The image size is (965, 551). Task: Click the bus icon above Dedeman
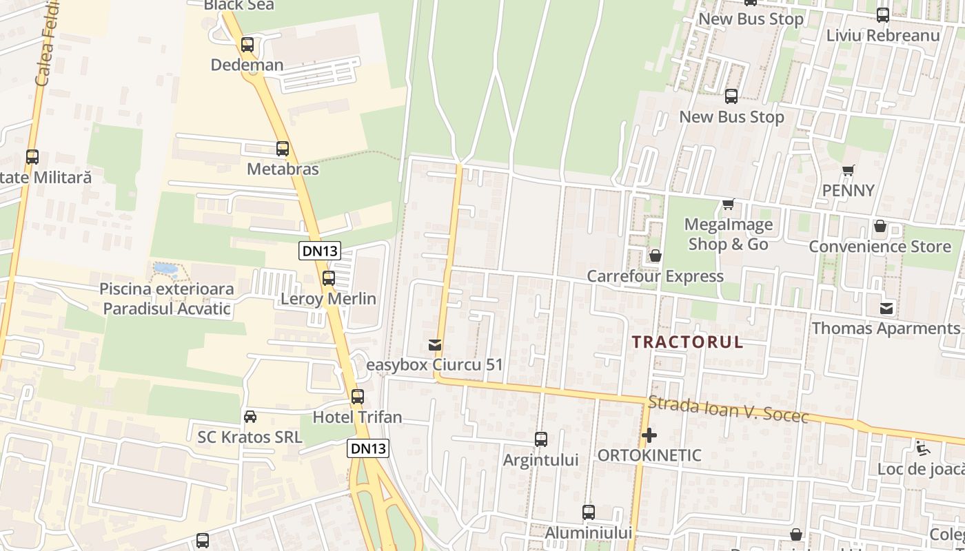(247, 45)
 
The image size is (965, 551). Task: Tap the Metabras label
(283, 169)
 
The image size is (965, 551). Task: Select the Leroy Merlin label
(328, 298)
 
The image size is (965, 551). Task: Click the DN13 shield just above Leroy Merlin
(320, 251)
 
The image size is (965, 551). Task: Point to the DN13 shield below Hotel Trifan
(368, 448)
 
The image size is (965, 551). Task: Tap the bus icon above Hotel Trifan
(357, 397)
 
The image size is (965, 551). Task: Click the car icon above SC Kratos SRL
(250, 417)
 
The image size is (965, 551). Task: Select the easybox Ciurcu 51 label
(434, 364)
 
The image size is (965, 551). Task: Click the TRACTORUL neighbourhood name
(687, 342)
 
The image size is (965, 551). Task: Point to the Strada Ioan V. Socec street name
(728, 409)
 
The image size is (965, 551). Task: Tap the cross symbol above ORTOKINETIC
(649, 435)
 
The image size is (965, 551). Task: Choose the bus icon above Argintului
(541, 439)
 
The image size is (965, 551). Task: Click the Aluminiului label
(588, 532)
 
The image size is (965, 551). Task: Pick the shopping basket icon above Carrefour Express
(655, 256)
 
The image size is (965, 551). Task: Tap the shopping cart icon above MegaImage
(728, 204)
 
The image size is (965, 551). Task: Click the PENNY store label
(848, 190)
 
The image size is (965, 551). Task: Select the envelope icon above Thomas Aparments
(886, 308)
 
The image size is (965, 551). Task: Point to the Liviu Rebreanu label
(882, 35)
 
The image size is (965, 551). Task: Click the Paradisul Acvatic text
(167, 308)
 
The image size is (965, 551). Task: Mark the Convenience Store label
(880, 247)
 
